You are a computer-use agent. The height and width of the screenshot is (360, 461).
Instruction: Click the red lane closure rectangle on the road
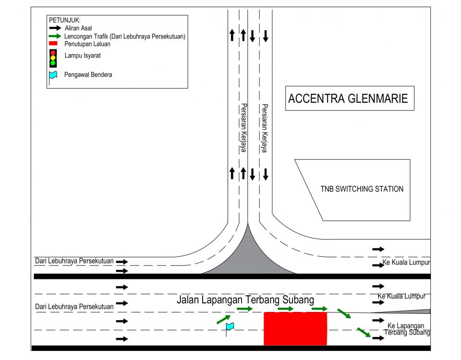295,328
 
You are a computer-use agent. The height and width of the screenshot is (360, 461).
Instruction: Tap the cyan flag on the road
230,326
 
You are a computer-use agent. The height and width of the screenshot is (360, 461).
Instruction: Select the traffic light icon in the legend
53,58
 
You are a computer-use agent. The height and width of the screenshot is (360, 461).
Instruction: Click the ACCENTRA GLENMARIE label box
350,98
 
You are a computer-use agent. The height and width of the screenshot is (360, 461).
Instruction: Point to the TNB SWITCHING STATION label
362,189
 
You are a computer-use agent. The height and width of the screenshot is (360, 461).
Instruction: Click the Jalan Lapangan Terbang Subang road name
245,300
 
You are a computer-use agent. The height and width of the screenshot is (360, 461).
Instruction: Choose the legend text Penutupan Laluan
87,44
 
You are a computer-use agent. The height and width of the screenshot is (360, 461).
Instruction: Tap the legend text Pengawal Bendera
88,75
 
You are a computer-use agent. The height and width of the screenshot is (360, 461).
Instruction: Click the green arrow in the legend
55,36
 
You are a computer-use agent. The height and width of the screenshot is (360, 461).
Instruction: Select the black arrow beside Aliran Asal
55,28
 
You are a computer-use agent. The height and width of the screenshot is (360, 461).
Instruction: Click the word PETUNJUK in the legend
65,20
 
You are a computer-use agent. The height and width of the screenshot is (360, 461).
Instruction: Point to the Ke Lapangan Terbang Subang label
407,329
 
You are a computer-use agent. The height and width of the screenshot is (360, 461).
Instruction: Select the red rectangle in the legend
53,44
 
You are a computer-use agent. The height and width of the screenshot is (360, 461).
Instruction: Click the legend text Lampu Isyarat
83,56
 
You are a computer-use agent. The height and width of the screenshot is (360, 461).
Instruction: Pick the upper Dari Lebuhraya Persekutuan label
74,261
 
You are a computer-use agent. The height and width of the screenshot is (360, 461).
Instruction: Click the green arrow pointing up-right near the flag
223,320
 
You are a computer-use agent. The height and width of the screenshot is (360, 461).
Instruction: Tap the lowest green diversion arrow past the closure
364,332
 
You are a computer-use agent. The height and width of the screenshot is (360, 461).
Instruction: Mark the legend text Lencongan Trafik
86,36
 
